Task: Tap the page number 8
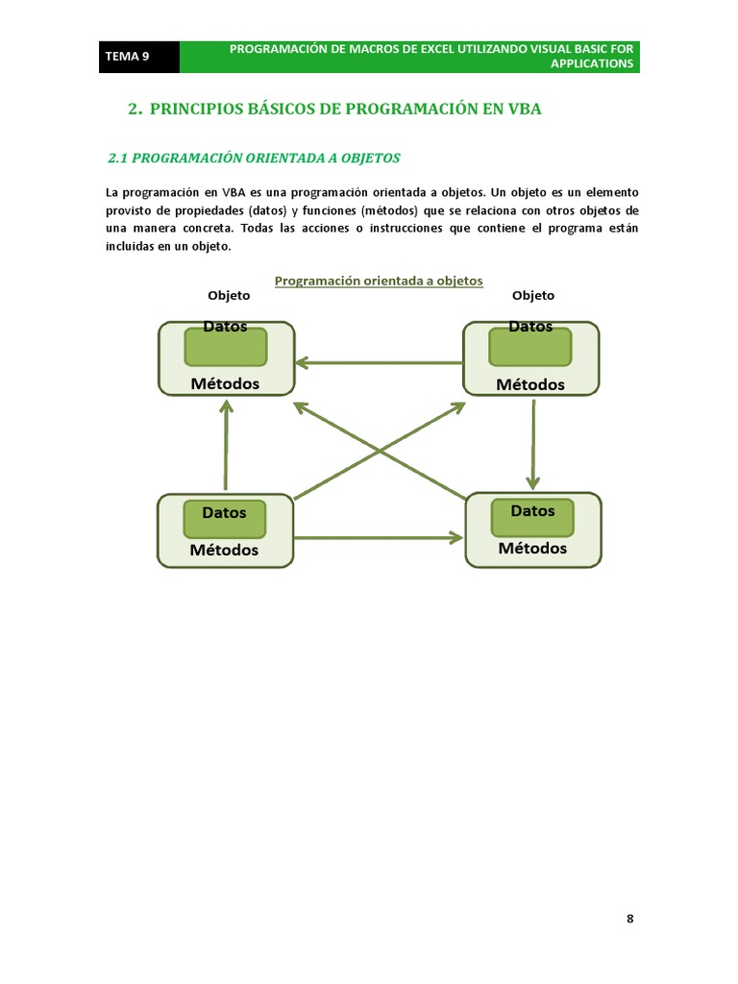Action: [630, 918]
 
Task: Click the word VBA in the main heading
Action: [525, 109]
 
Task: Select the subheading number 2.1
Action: [117, 158]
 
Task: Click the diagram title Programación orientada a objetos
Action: [379, 281]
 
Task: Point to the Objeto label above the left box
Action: [229, 295]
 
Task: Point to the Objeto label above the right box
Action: [533, 295]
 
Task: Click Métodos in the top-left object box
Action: [225, 382]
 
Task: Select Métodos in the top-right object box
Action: [530, 383]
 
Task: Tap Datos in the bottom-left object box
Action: [224, 512]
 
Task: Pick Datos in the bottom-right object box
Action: [532, 510]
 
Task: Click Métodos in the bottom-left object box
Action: [224, 550]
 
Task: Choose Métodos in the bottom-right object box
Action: [532, 548]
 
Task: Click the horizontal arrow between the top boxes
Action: [379, 362]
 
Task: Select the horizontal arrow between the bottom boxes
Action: [379, 538]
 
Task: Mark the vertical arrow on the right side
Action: [533, 442]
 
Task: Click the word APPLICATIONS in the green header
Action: [592, 63]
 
